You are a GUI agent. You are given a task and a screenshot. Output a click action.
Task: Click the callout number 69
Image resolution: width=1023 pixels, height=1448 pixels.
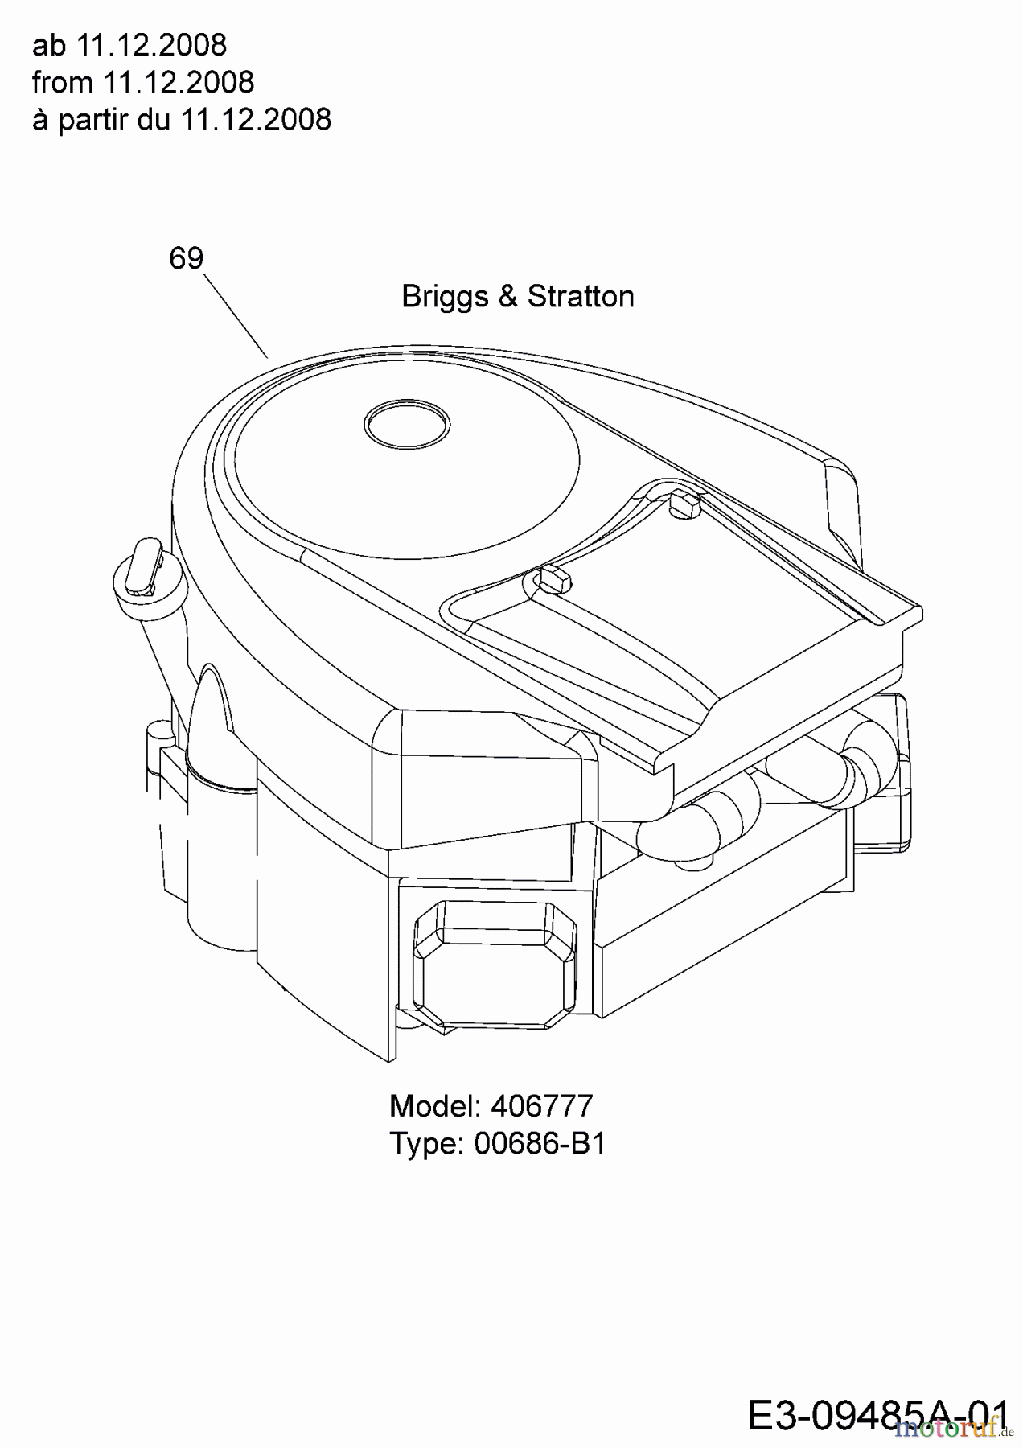click(187, 258)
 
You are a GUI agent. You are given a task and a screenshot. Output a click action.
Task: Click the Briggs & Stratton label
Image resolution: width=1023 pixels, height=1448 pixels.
click(518, 296)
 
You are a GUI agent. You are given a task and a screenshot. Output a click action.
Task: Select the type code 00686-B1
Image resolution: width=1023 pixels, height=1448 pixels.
click(540, 1143)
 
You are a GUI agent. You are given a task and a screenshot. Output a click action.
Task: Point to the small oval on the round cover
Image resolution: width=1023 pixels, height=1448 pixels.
click(406, 422)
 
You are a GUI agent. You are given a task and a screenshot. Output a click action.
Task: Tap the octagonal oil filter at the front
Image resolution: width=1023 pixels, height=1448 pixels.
click(494, 965)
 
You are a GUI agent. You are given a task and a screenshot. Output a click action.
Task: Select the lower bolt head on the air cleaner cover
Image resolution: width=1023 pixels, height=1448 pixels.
click(553, 576)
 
